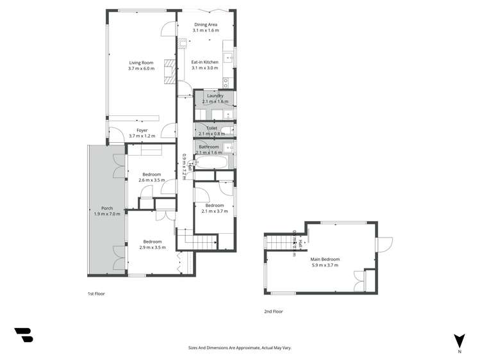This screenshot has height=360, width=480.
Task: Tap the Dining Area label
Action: tap(206, 24)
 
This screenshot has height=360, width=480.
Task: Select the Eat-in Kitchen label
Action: tap(205, 62)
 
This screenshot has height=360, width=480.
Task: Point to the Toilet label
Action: tap(211, 128)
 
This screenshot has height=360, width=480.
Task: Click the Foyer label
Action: tap(142, 130)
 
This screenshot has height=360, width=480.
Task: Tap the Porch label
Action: tap(107, 208)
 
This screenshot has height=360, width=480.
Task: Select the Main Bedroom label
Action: tap(325, 259)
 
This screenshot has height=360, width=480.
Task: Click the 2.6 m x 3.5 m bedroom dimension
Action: tap(151, 180)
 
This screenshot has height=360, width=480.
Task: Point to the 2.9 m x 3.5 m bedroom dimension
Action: tap(152, 247)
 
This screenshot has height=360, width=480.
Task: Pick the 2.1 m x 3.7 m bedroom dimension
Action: tap(214, 211)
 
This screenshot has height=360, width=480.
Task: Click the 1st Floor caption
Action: tap(96, 293)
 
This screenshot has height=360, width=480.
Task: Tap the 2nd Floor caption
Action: tap(273, 311)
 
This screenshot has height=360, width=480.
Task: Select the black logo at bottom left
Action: tap(23, 334)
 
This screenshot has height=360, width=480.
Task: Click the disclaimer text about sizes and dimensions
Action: tap(240, 348)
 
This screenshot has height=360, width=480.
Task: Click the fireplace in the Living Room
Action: tap(169, 70)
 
